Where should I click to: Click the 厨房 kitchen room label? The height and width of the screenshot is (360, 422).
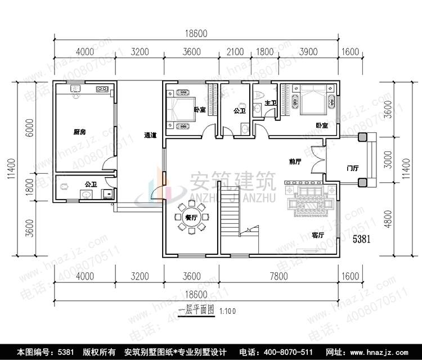tap(79, 132)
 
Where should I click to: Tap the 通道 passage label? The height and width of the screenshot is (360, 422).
tap(150, 135)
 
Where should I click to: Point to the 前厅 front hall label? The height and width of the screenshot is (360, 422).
tap(295, 161)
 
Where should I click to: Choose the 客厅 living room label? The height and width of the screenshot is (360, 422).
tap(318, 236)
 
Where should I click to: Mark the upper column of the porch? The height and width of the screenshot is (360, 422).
tap(362, 137)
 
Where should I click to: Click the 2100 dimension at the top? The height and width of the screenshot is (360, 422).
tap(235, 52)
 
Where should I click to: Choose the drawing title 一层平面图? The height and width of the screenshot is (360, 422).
tap(196, 310)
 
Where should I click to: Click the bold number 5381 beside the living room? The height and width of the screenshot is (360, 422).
tap(361, 239)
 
